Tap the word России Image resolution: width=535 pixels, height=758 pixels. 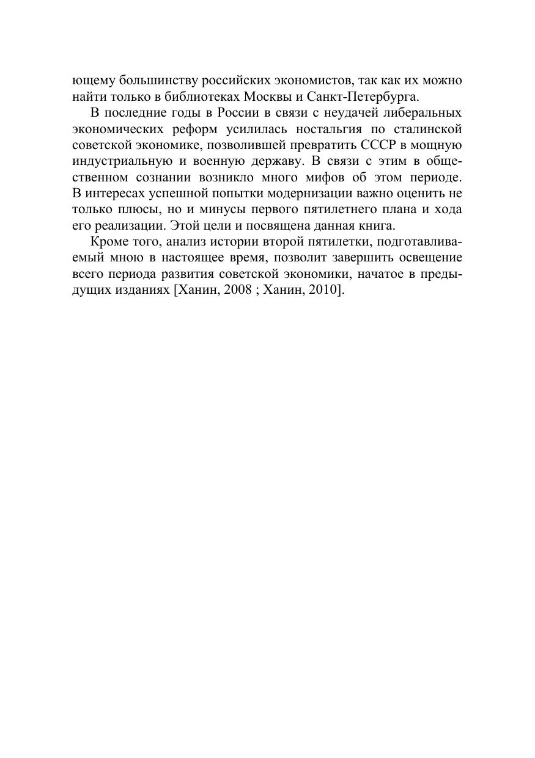tap(221, 113)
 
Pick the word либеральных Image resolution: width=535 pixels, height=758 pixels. tap(424, 113)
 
